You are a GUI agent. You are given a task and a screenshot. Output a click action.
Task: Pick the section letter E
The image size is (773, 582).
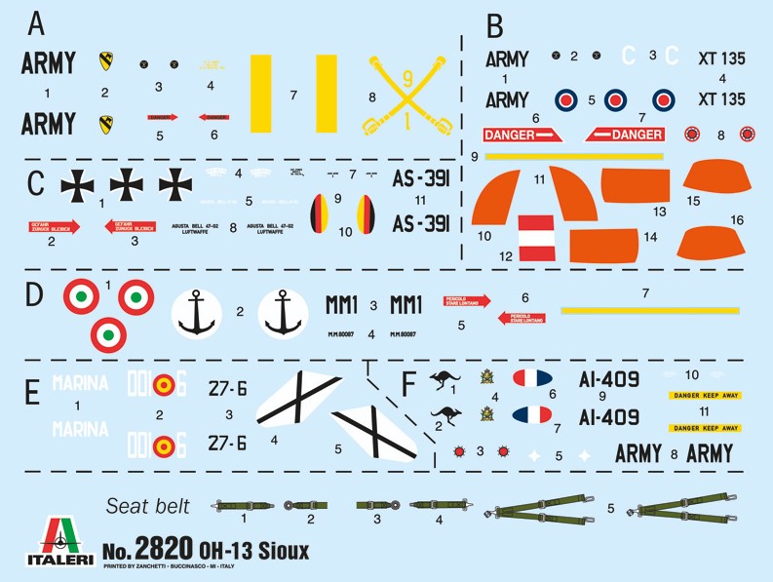tap(32, 393)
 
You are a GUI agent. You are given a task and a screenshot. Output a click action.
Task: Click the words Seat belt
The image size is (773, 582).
tap(147, 505)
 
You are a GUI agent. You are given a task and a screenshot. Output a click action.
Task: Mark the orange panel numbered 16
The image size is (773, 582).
tap(713, 242)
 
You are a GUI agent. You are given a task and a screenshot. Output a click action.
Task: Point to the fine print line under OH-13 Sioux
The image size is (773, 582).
tap(186, 566)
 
